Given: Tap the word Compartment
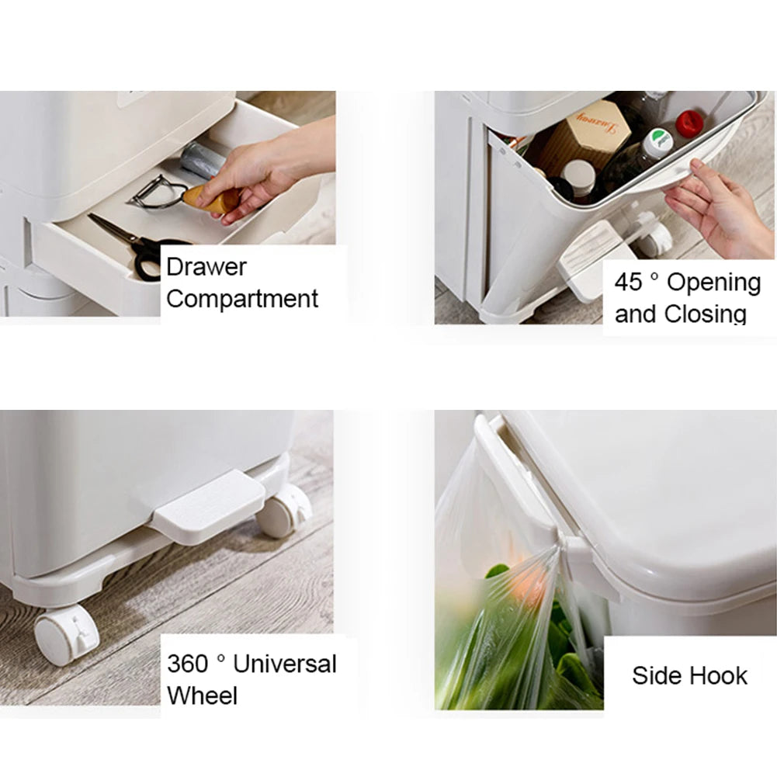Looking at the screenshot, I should click(242, 298).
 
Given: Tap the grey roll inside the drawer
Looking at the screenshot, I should click(201, 158).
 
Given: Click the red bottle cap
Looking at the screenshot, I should click(689, 123).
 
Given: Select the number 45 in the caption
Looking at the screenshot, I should click(629, 282).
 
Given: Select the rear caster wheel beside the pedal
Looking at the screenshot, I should click(284, 512).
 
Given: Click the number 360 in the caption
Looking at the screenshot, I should click(188, 664).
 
